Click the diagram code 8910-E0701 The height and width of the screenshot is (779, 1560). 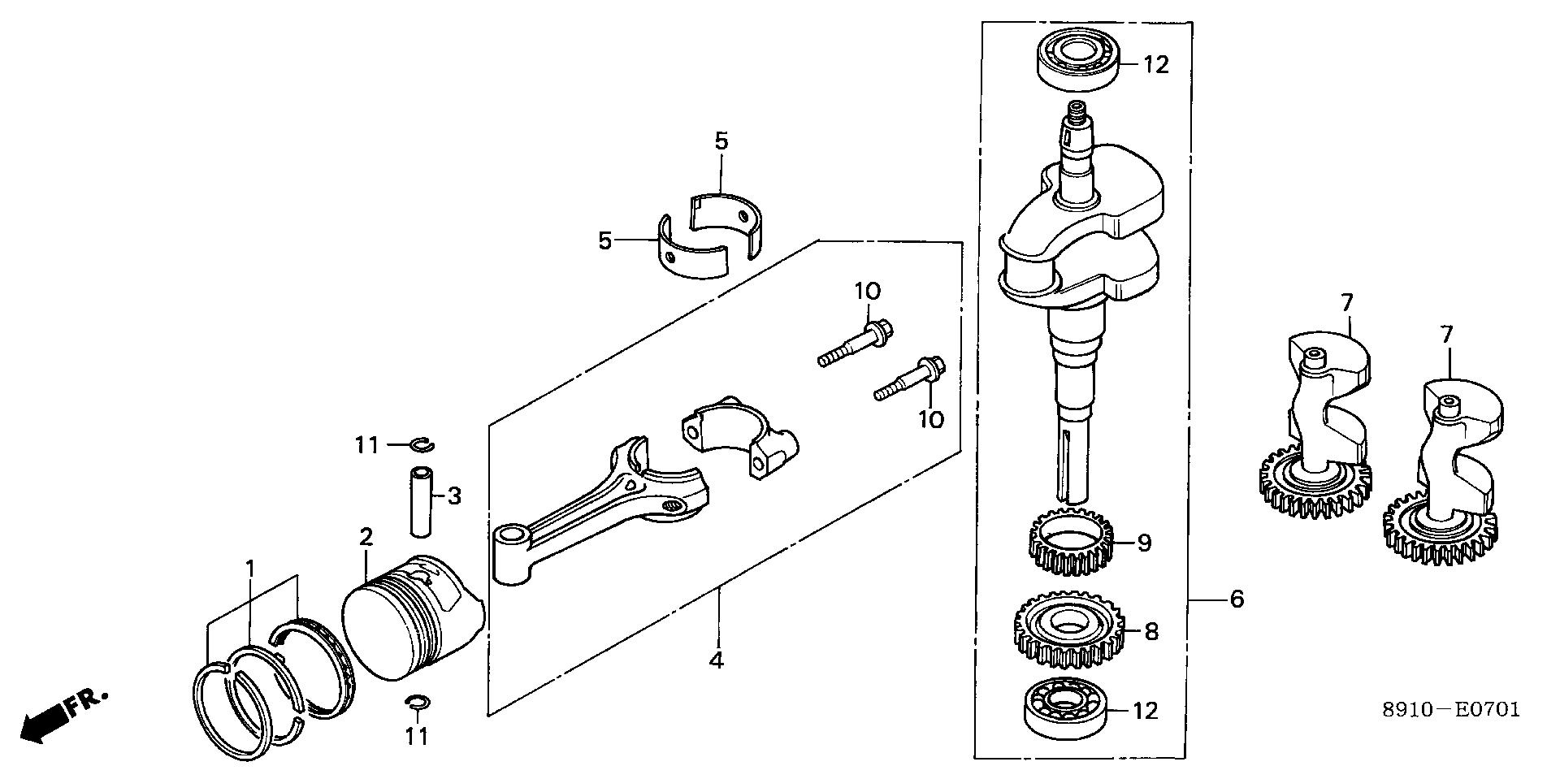1451,710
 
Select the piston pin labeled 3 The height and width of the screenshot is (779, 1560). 420,500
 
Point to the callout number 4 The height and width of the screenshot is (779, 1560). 716,660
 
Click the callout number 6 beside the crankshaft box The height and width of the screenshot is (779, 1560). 1237,599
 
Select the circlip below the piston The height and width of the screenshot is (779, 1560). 415,702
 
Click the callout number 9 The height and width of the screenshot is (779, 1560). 1145,542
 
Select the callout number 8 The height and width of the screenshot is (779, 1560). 1151,631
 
